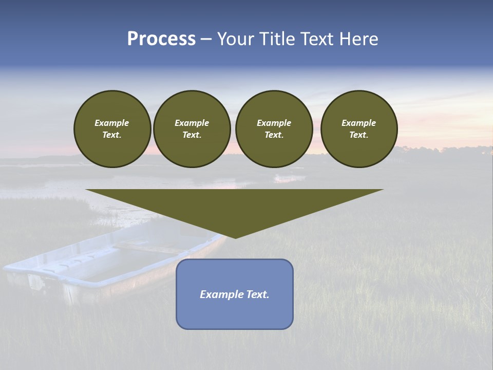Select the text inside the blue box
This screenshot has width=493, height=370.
pos(235,294)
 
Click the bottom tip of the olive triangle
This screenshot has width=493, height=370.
pos(235,237)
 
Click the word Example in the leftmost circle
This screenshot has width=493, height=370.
pos(112,123)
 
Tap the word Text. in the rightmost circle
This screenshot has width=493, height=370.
pos(358,135)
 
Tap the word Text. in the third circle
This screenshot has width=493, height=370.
pos(274,135)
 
